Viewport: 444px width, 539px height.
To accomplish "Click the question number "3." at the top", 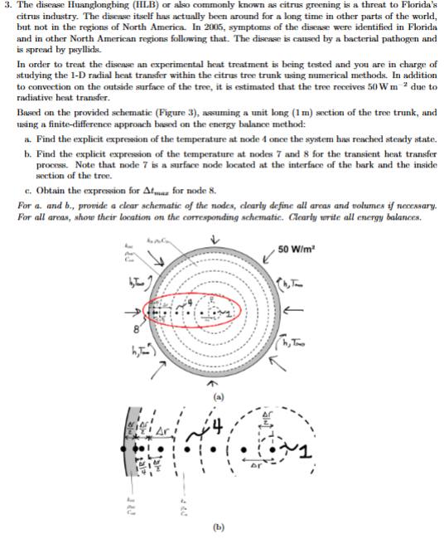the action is pos(8,6).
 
